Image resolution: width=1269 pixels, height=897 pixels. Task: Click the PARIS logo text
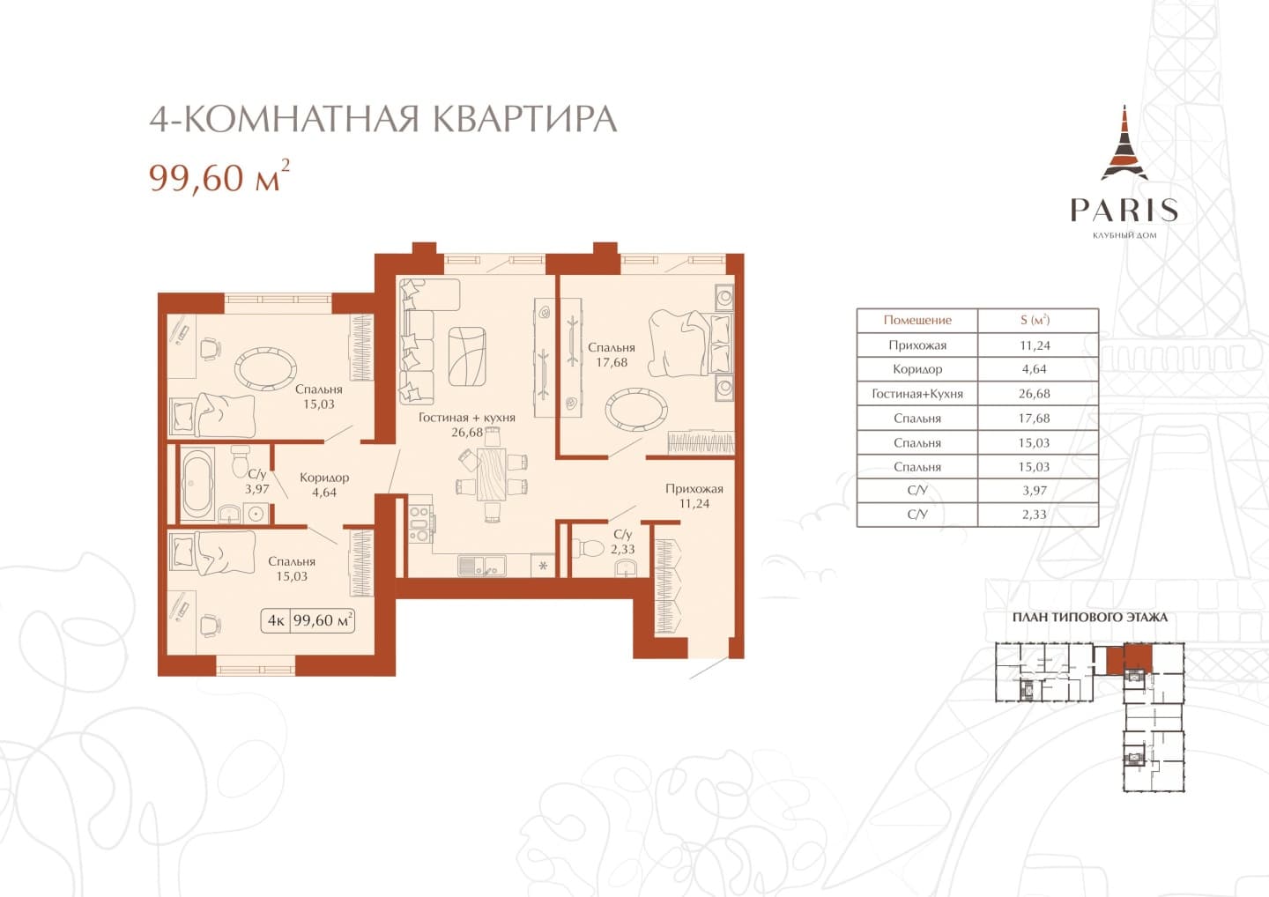tap(1124, 210)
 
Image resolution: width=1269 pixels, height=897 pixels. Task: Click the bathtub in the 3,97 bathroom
tap(197, 484)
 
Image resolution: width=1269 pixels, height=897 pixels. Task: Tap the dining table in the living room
tap(491, 474)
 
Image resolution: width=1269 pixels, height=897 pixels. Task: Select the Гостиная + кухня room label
tap(467, 418)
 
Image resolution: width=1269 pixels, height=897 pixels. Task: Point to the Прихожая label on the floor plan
tap(694, 489)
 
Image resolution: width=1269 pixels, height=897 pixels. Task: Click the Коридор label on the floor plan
tap(324, 478)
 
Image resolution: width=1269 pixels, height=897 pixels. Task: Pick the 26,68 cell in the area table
tap(1034, 394)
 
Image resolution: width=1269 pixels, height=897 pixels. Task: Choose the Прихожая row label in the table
tap(917, 345)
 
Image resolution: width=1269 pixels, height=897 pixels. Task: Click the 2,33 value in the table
tap(1034, 515)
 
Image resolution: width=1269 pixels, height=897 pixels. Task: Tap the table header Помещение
tap(917, 320)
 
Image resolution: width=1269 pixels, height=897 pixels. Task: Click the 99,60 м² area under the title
tap(219, 176)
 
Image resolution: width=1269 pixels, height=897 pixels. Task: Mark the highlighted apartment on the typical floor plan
tap(1129, 660)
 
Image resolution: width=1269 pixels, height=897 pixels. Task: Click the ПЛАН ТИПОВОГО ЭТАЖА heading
tap(1090, 618)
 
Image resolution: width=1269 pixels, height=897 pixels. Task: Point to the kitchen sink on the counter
tap(482, 565)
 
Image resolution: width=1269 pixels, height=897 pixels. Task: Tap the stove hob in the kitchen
tap(419, 523)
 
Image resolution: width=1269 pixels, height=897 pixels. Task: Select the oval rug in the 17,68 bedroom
tap(636, 410)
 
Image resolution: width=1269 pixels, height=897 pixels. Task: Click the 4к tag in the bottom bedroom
tap(276, 620)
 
